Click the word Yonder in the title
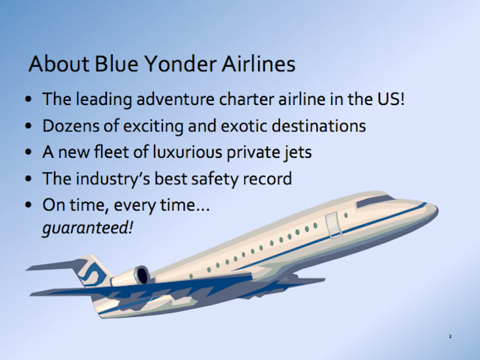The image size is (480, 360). [x=180, y=64]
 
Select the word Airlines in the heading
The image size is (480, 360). [x=258, y=63]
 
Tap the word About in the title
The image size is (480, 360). [x=59, y=63]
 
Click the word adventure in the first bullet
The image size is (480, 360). [x=176, y=99]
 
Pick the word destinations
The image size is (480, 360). [x=319, y=126]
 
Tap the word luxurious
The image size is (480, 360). [x=187, y=152]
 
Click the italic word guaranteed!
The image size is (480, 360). [x=88, y=228]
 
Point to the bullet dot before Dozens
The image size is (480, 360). [x=28, y=126]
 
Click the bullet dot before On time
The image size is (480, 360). [x=28, y=205]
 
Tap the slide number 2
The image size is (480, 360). [x=450, y=336]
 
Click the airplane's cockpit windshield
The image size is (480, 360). [x=374, y=201]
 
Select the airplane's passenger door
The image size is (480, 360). [x=333, y=225]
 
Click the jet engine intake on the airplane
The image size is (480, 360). [x=143, y=275]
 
